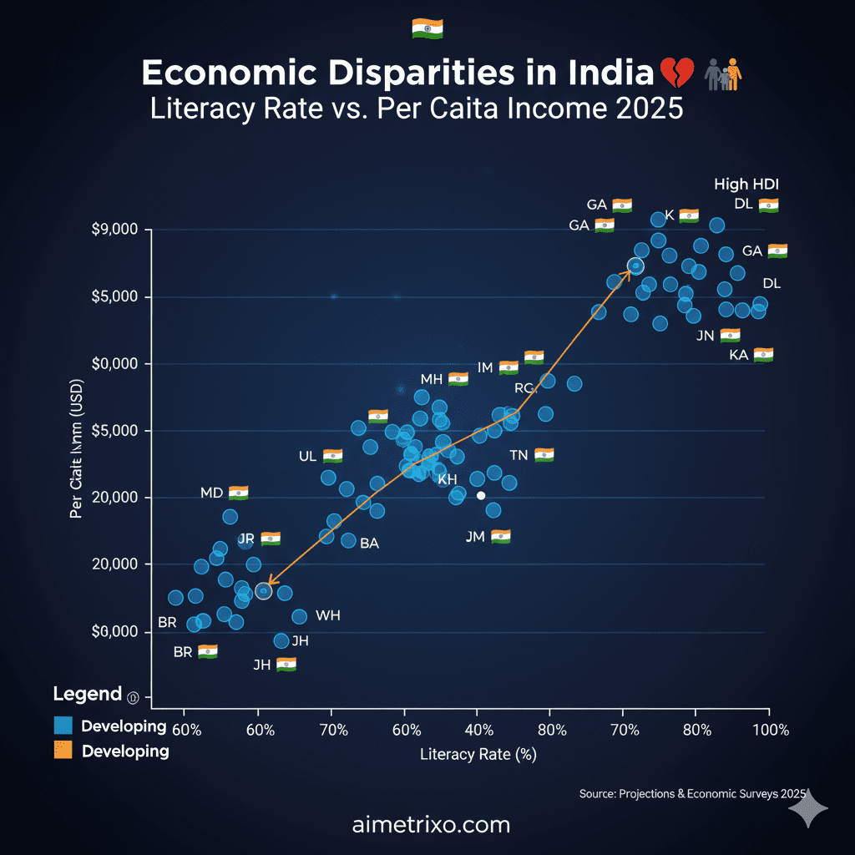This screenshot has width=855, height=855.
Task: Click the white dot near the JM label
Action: (481, 495)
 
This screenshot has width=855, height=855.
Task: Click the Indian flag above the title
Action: (427, 28)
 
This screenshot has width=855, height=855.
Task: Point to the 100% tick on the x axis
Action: (770, 730)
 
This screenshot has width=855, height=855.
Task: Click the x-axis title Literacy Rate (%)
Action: (478, 755)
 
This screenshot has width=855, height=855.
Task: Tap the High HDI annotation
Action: (746, 185)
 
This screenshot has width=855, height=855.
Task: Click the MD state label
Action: (212, 493)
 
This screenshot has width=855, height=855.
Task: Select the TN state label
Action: (519, 456)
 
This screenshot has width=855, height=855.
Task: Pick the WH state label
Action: (328, 615)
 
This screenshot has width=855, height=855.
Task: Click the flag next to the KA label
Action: (763, 355)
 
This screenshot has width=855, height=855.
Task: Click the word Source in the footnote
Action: (596, 794)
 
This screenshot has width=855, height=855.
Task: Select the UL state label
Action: (307, 457)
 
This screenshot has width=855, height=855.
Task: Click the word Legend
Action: (87, 694)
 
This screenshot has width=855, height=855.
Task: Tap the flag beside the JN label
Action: (731, 336)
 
